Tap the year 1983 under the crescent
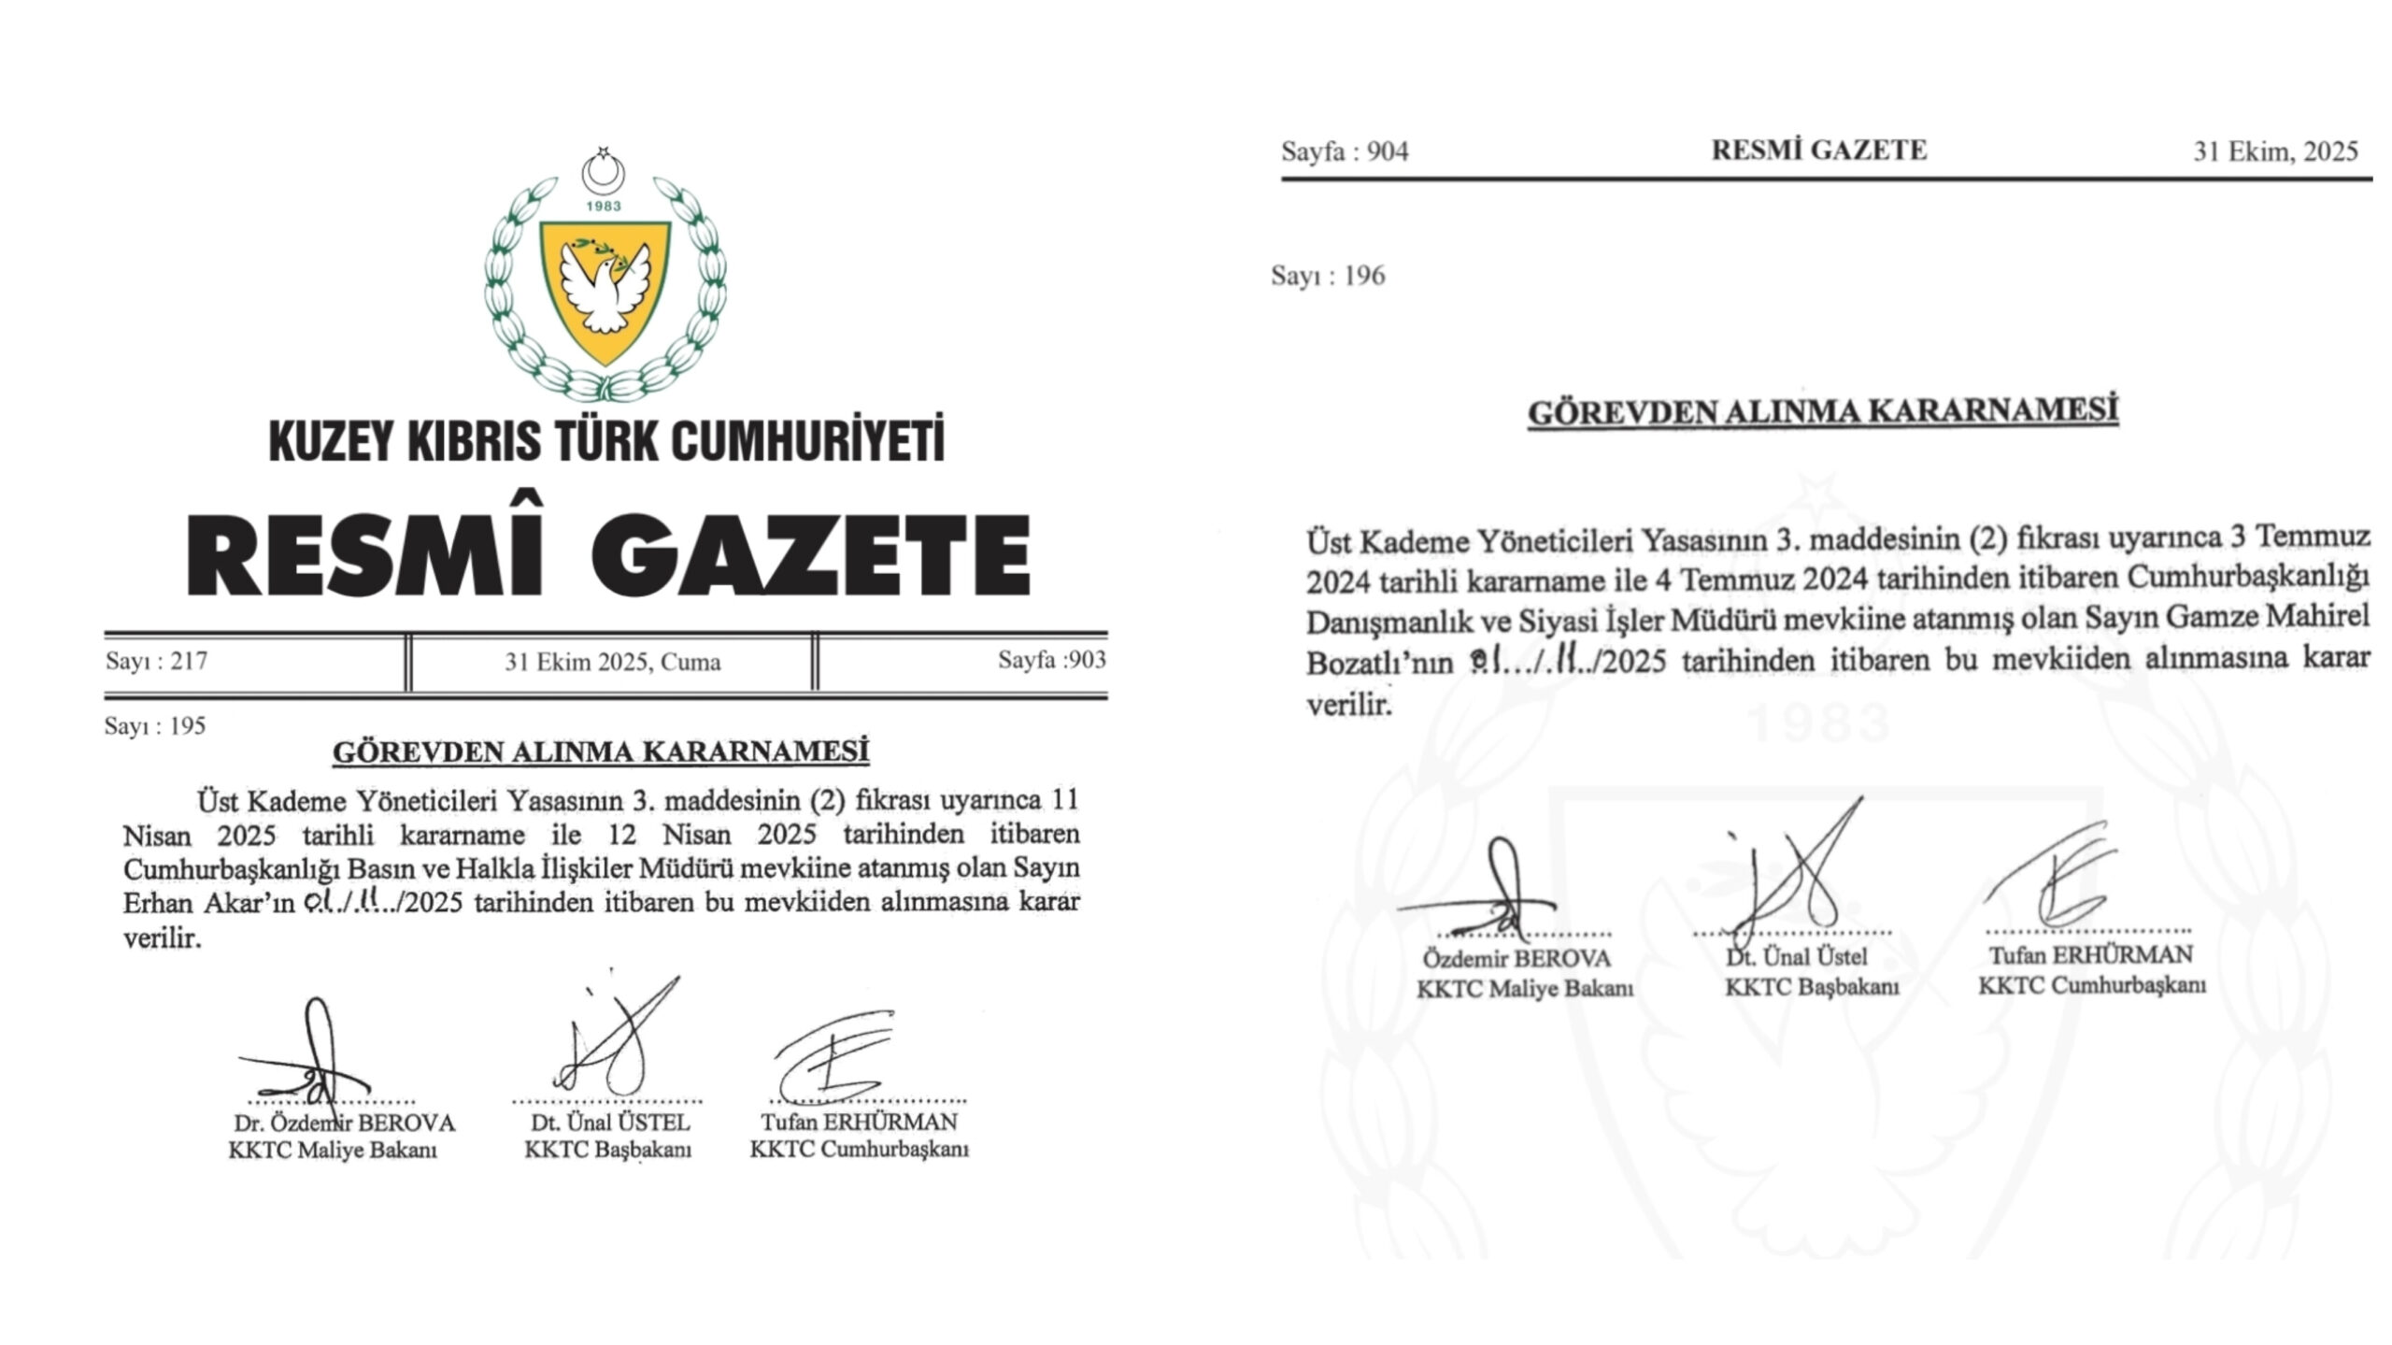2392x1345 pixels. pos(604,206)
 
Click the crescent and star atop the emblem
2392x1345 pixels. pos(603,168)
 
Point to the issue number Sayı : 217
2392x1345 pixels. pos(156,662)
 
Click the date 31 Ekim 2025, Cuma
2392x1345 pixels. pos(612,663)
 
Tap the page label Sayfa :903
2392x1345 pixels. pos(1051,660)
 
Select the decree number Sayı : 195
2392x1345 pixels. pos(155,726)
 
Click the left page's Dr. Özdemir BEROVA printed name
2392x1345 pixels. pos(344,1123)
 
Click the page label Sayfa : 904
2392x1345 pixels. pos(1345,151)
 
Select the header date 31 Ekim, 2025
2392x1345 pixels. pos(2275,151)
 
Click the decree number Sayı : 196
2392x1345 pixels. pos(1328,276)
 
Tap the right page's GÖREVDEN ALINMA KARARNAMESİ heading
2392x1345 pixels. pos(1822,413)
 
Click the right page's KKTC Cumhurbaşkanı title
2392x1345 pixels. pos(2091,985)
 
